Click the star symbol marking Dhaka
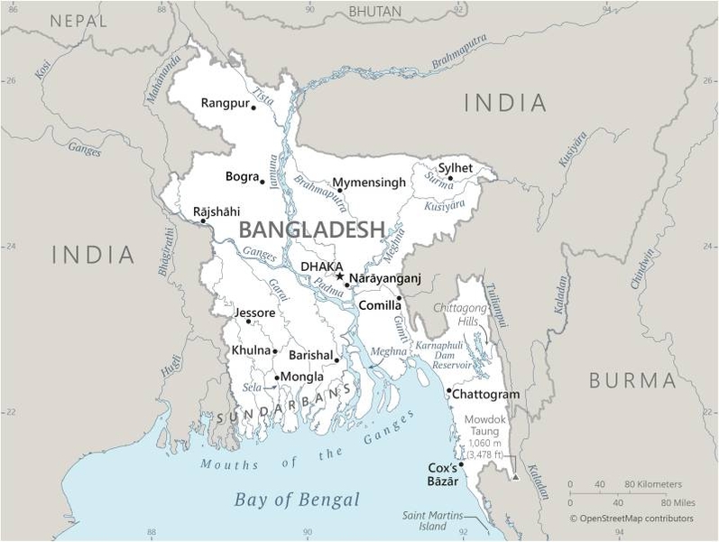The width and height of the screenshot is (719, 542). tap(339, 276)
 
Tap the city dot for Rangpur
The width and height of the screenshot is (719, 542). tap(253, 107)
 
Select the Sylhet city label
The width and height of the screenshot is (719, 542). tap(455, 167)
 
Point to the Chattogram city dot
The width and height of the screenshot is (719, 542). tap(448, 391)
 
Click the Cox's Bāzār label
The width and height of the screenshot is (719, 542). tap(442, 474)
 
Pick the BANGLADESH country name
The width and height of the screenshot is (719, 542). tap(312, 229)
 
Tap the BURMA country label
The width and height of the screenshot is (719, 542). tap(632, 380)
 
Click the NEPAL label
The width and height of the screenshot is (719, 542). tap(79, 20)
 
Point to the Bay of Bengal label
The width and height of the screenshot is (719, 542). tap(297, 500)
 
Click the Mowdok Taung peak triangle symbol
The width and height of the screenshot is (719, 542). tap(515, 477)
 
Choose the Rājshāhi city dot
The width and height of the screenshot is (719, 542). tap(202, 221)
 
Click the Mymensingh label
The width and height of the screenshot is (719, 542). tap(369, 182)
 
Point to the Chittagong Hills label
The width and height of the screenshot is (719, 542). tap(460, 314)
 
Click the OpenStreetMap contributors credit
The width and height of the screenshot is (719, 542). tap(631, 519)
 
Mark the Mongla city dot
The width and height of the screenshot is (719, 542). tap(276, 378)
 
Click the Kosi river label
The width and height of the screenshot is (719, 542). tap(41, 69)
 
